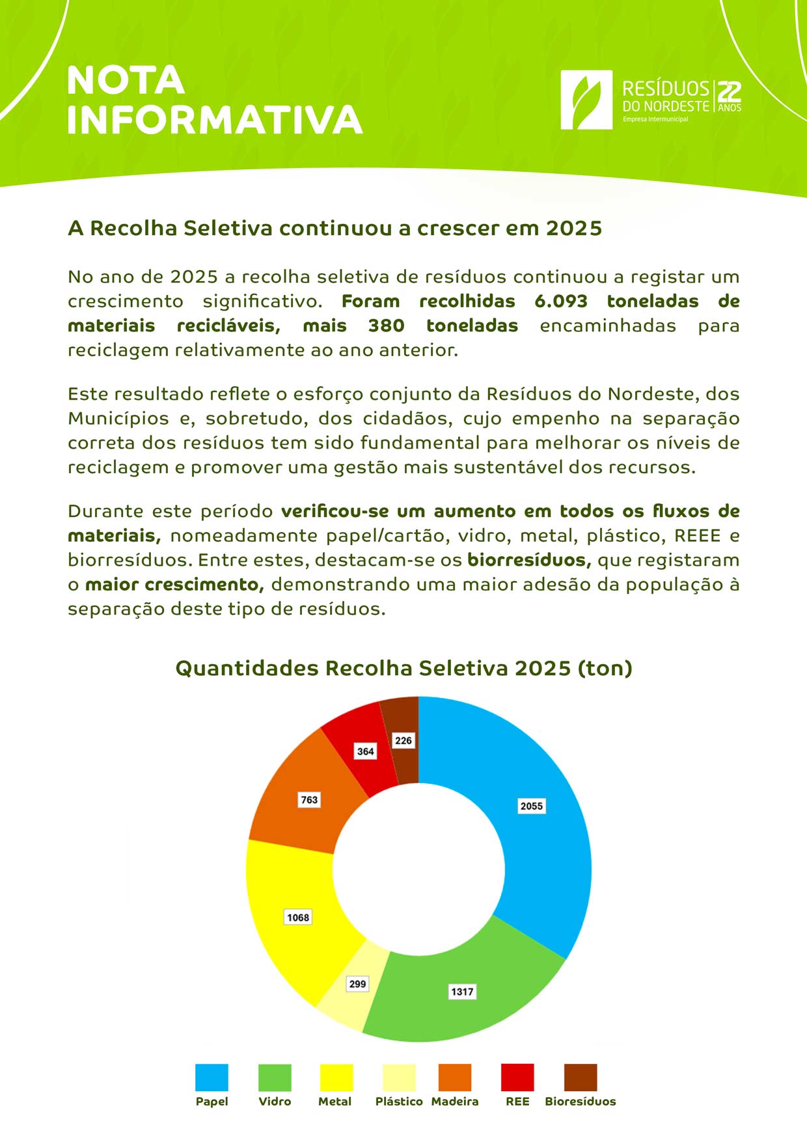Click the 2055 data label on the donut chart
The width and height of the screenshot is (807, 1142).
(531, 806)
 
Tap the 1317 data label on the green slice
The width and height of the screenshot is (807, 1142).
(462, 992)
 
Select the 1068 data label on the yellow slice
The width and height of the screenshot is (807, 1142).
(298, 917)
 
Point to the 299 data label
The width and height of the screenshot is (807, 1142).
(357, 984)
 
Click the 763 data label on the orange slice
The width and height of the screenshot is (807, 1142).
(309, 800)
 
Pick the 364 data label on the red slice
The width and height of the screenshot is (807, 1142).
(366, 751)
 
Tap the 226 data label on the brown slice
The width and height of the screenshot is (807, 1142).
(403, 740)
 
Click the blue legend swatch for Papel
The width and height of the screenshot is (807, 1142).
(212, 1078)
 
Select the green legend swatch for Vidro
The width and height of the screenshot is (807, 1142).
(275, 1078)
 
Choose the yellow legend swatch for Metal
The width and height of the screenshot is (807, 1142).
(336, 1078)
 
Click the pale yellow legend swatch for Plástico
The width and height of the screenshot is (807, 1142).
(399, 1078)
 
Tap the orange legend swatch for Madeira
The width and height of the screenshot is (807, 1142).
(455, 1078)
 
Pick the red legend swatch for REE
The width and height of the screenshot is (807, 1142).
(517, 1078)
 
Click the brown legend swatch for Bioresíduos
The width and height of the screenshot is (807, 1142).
(580, 1078)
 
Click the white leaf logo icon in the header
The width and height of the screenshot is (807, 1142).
(586, 100)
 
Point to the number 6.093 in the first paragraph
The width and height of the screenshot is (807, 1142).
(561, 301)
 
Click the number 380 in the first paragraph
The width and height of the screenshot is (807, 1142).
(386, 326)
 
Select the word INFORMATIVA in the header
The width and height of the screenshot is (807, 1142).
(215, 120)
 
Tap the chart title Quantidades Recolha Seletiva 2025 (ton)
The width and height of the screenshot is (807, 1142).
(403, 669)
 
